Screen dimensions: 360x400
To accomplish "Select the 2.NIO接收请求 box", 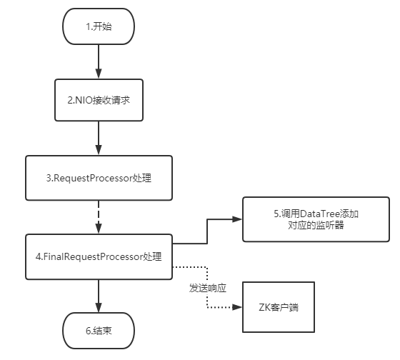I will coord(99,100).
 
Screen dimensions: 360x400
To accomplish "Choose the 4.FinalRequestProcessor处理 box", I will coord(99,256).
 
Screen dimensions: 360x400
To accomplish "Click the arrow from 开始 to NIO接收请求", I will coord(99,63).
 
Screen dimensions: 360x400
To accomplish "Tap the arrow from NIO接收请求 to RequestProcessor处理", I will coord(99,137).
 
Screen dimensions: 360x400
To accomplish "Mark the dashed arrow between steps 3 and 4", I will coord(99,216).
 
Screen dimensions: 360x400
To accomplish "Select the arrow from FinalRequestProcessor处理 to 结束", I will coord(99,294).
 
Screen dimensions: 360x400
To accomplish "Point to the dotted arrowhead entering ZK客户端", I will coord(239,308).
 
